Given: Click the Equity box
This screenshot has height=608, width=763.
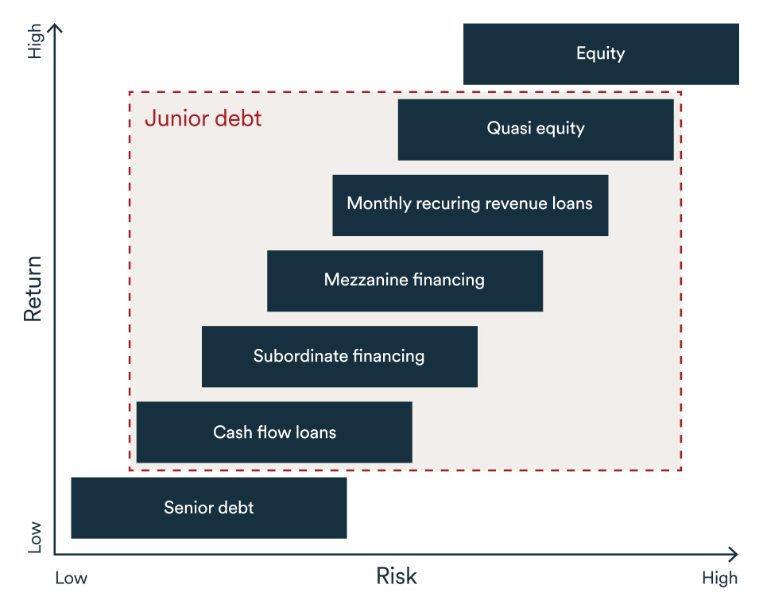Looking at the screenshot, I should pyautogui.click(x=601, y=54).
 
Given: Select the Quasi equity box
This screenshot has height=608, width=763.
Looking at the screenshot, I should pyautogui.click(x=536, y=129).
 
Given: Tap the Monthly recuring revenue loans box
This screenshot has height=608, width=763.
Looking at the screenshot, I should pyautogui.click(x=470, y=204).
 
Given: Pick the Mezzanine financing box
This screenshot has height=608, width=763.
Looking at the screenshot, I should pyautogui.click(x=405, y=280).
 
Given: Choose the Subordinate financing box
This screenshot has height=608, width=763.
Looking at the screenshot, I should pyautogui.click(x=339, y=356).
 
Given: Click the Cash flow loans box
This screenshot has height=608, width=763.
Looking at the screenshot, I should pyautogui.click(x=274, y=432).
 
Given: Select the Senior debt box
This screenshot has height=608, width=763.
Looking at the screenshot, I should pyautogui.click(x=209, y=508).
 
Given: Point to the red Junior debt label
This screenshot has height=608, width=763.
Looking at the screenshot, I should pyautogui.click(x=203, y=119).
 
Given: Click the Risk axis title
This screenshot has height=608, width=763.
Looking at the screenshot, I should pyautogui.click(x=396, y=576).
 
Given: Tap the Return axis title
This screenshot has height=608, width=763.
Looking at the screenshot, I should pyautogui.click(x=33, y=289).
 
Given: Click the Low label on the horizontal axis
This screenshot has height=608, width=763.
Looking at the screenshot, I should pyautogui.click(x=71, y=578).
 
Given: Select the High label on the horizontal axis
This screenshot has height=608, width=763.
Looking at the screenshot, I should pyautogui.click(x=719, y=578).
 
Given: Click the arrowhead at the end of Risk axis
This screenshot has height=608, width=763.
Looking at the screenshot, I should pyautogui.click(x=733, y=554).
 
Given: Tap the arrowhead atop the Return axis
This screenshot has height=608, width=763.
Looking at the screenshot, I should pyautogui.click(x=55, y=29).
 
